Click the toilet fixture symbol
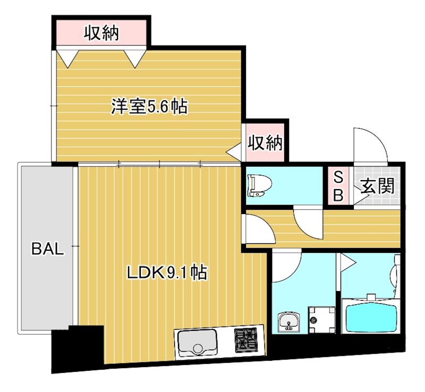pos(260,186)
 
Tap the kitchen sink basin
pos(197,344)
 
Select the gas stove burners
pos(245,340)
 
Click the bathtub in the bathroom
pos(370,316)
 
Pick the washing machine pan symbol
pos(322,320)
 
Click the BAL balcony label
pos(48,249)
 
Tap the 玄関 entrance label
pos(377,186)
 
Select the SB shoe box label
pos(338,186)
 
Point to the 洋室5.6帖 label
pos(149,107)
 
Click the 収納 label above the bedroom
pos(101,33)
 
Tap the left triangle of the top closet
pos(68,58)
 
